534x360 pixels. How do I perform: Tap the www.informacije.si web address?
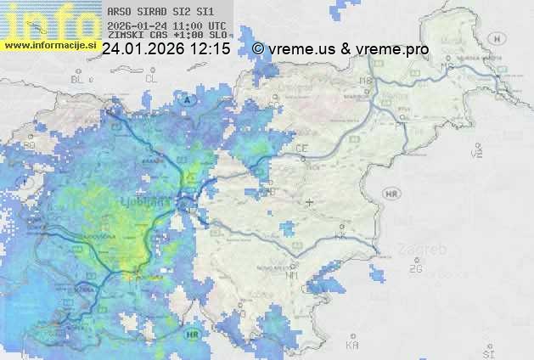49,45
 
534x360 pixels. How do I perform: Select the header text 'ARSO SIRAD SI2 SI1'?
160,13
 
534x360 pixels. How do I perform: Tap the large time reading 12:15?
211,50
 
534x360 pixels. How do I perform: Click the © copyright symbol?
258,50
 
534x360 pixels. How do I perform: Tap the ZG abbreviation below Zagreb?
416,269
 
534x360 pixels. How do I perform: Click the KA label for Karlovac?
352,346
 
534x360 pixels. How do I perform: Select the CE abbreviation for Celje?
301,149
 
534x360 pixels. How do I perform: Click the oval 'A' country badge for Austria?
186,99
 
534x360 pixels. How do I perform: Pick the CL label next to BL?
152,78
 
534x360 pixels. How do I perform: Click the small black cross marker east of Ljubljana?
309,202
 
